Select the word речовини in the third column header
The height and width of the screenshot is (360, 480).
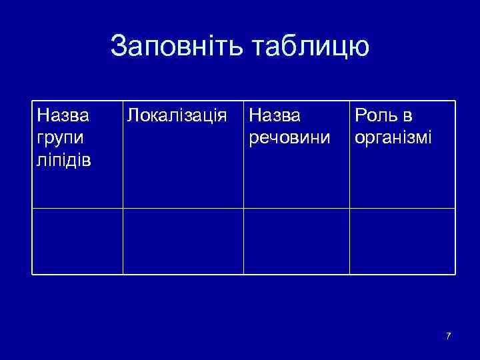(x=289, y=138)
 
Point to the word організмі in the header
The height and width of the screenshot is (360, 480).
(x=393, y=138)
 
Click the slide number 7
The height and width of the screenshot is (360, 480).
(x=449, y=335)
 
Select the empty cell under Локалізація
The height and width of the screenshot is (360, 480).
(x=183, y=241)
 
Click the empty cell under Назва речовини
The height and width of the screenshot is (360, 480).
(x=296, y=241)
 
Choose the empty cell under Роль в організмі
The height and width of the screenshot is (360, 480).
(x=402, y=241)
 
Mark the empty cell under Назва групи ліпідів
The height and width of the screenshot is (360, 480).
(x=77, y=241)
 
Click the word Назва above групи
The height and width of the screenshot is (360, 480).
(x=63, y=116)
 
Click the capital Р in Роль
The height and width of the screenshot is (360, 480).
(x=360, y=116)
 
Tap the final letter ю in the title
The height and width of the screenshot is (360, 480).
(x=359, y=48)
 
